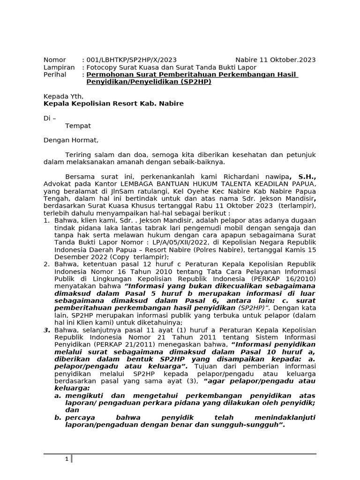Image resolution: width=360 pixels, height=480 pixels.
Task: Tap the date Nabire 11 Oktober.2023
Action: coord(275,60)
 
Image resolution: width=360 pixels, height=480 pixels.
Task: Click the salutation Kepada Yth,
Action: coord(63,96)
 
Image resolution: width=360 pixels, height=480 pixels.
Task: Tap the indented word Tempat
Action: coord(78,126)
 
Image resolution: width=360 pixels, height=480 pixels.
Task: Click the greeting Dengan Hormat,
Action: coord(71,140)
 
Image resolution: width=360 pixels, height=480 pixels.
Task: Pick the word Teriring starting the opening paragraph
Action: coord(79,155)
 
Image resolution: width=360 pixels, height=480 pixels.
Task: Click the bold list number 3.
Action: coord(47,330)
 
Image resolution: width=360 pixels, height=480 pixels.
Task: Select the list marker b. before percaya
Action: coord(58,418)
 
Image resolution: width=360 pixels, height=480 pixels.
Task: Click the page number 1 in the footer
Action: coord(67,459)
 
